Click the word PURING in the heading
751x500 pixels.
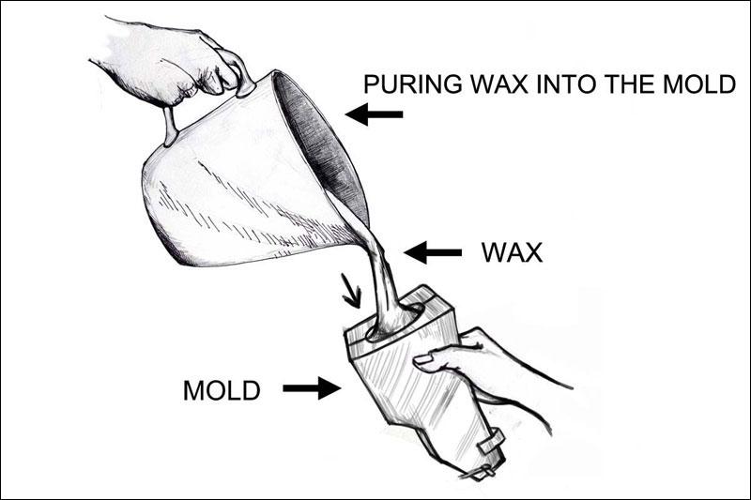412,84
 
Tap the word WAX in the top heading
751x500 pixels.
499,84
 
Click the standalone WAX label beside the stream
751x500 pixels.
512,252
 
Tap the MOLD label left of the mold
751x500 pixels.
222,390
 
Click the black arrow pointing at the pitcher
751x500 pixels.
374,114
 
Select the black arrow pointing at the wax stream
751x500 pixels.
433,252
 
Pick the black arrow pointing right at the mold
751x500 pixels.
312,388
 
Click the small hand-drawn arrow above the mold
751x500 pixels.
350,291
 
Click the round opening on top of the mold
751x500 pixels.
395,323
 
